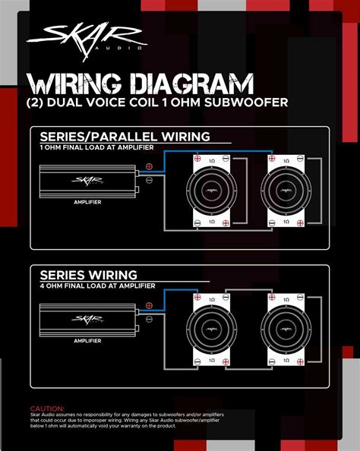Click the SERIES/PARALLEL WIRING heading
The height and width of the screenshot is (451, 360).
coord(125,137)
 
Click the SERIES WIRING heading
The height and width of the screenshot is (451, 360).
coord(88,274)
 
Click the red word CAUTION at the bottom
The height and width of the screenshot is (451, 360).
coord(47,408)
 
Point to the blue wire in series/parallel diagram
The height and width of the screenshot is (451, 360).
coord(228,152)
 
